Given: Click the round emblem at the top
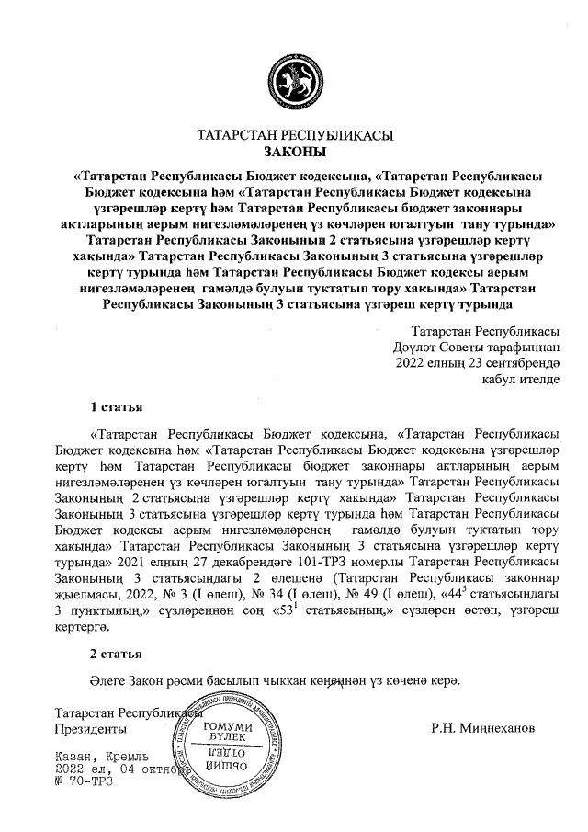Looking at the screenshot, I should coord(294,82).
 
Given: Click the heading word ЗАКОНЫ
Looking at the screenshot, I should coord(295,152).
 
